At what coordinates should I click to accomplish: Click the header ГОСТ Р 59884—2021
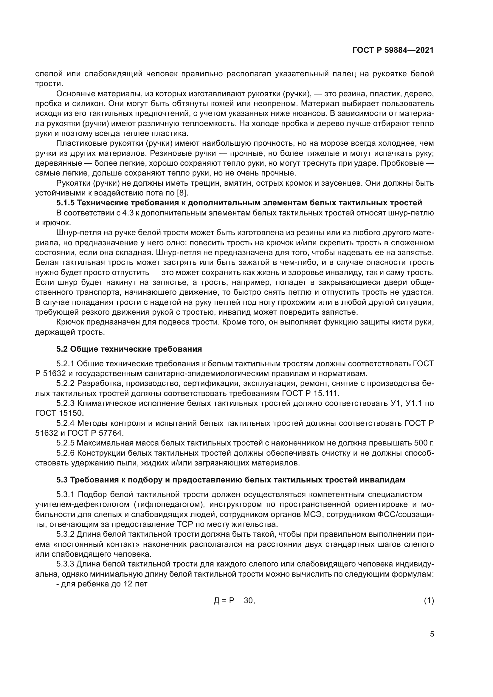[393, 50]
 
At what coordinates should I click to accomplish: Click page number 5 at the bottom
[432, 634]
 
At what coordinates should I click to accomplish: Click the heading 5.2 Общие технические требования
[129, 349]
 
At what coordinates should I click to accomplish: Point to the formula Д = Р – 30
[234, 600]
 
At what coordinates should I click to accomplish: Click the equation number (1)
[429, 600]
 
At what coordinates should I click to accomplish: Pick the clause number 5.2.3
[65, 403]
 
